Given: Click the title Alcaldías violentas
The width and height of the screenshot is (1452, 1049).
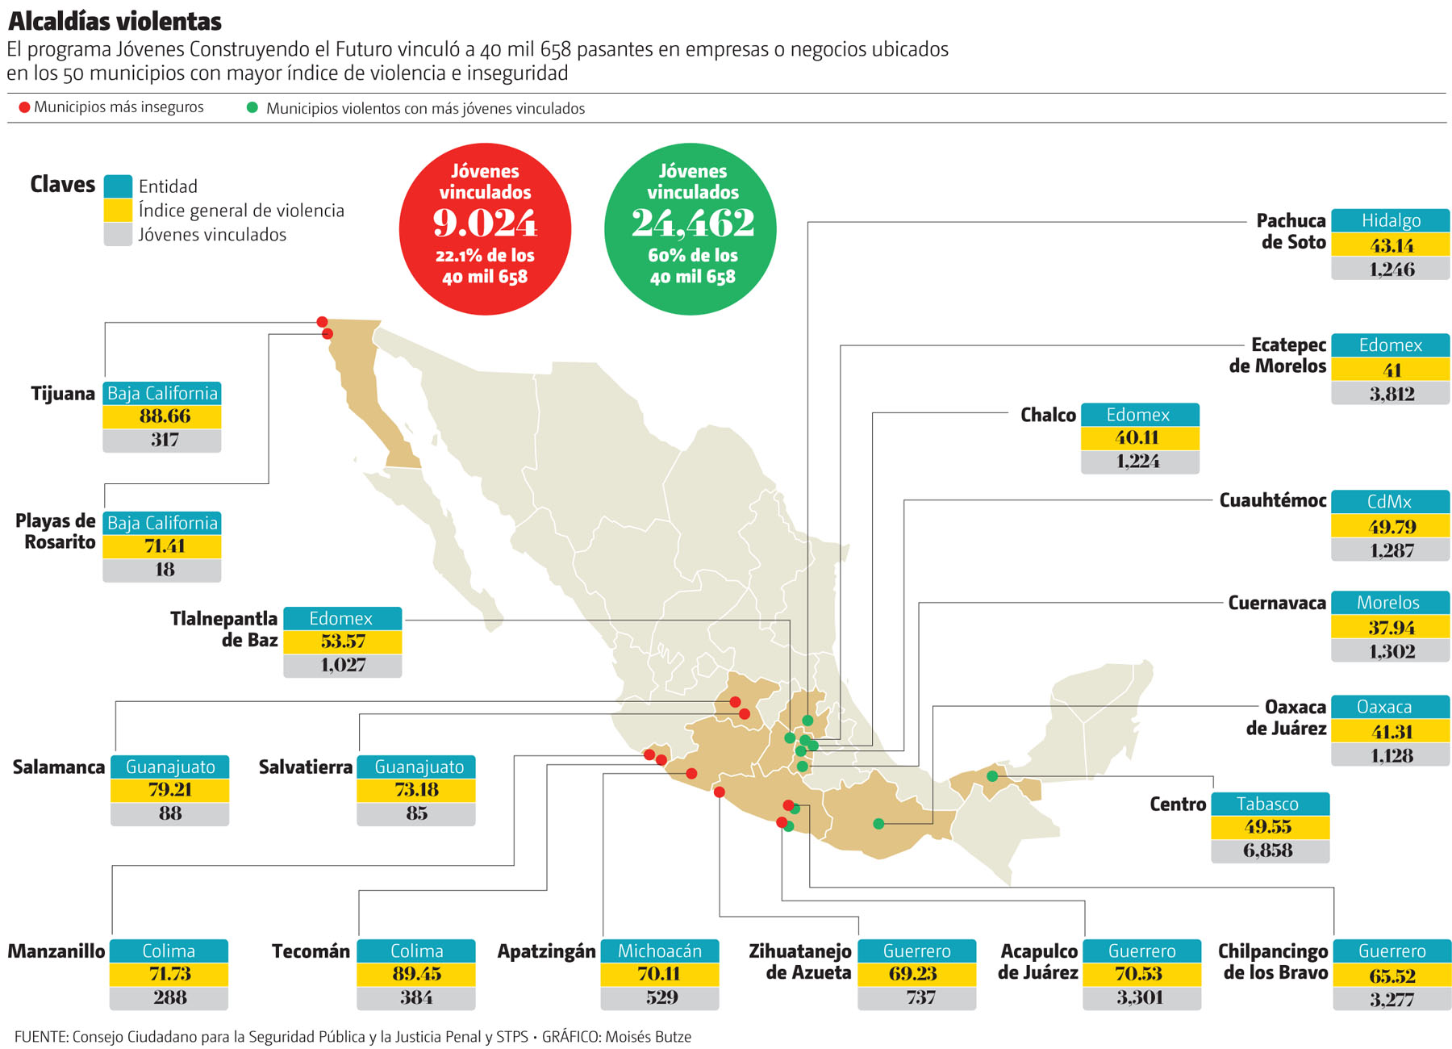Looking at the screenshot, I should pos(115,20).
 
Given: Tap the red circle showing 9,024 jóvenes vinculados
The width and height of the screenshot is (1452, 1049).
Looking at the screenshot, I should pos(485,228).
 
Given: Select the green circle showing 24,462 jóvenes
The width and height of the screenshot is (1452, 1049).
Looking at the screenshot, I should pos(691,228).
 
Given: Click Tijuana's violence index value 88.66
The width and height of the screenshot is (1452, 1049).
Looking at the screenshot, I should pos(164,416).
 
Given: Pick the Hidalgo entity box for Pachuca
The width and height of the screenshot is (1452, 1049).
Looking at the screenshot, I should pos(1390,220).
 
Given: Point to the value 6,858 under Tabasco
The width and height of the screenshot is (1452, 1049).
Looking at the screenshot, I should pos(1268,850).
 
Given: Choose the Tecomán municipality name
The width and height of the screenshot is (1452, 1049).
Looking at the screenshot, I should pos(311,951).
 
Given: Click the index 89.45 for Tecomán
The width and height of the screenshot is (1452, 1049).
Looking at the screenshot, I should pos(416,974).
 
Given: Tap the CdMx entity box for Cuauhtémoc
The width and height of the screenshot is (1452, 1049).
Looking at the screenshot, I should pos(1390,501).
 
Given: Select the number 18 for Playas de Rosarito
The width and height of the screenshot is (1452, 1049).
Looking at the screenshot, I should pos(165,570).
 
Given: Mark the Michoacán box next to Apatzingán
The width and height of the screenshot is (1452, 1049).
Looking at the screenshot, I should pos(659,951).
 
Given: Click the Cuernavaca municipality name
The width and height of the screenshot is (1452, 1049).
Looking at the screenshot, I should pos(1276,603).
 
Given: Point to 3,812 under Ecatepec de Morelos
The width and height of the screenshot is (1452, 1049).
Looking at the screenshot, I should pos(1391,394).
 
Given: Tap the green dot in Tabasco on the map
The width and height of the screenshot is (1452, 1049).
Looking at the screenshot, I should pos(992,776).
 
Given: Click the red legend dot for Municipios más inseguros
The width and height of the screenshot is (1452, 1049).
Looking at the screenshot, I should pos(24,107).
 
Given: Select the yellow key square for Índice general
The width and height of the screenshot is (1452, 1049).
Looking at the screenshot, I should pos(118,211).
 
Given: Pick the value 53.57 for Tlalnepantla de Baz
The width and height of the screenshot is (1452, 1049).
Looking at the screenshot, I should pos(343,642).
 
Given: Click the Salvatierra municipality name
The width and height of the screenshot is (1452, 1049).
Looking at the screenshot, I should pos(305,767).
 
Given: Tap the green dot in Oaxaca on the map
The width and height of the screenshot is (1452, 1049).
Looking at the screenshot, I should pos(878,824).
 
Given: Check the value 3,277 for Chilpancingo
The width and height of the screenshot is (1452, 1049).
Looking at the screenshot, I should pos(1391,1000).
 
